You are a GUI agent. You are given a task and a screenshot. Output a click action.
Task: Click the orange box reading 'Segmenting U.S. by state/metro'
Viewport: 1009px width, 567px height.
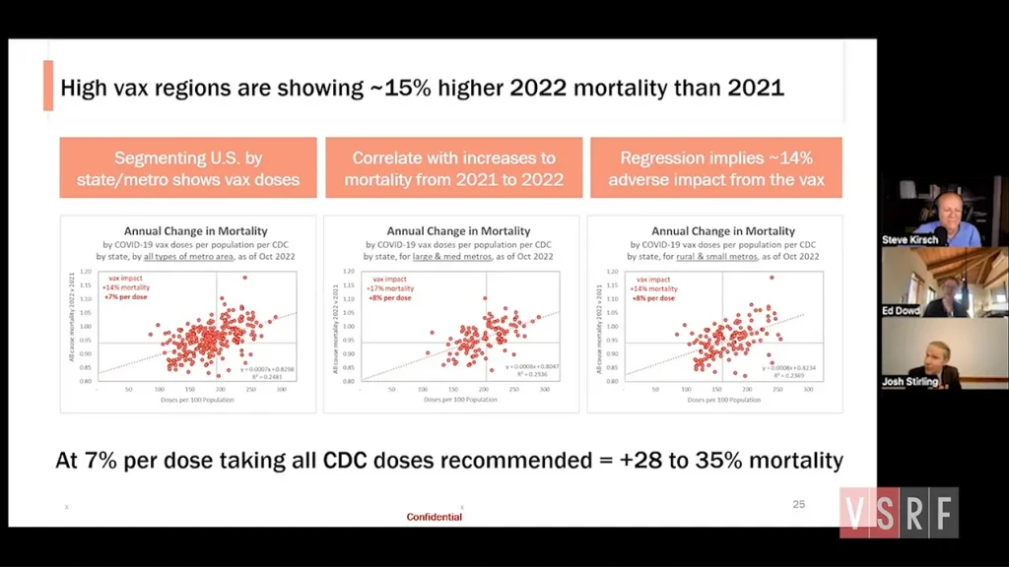tap(188, 168)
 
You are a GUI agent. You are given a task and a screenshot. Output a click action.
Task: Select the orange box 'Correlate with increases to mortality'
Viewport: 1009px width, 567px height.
tap(453, 168)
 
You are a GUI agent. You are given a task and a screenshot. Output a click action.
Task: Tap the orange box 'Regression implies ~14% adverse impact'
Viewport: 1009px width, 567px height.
tap(716, 168)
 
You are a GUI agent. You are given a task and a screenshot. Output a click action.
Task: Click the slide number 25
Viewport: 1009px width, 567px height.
tap(799, 504)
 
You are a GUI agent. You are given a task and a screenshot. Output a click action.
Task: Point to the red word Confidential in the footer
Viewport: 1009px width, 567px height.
tap(435, 517)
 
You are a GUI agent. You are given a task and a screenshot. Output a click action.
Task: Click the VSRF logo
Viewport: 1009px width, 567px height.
tap(899, 513)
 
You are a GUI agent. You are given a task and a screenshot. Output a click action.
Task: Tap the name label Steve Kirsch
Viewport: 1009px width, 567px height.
tap(909, 239)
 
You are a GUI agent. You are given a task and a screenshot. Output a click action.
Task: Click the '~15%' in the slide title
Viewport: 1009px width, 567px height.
tap(399, 88)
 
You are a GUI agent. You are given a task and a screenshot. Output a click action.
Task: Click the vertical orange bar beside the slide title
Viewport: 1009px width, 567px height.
tap(48, 86)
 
